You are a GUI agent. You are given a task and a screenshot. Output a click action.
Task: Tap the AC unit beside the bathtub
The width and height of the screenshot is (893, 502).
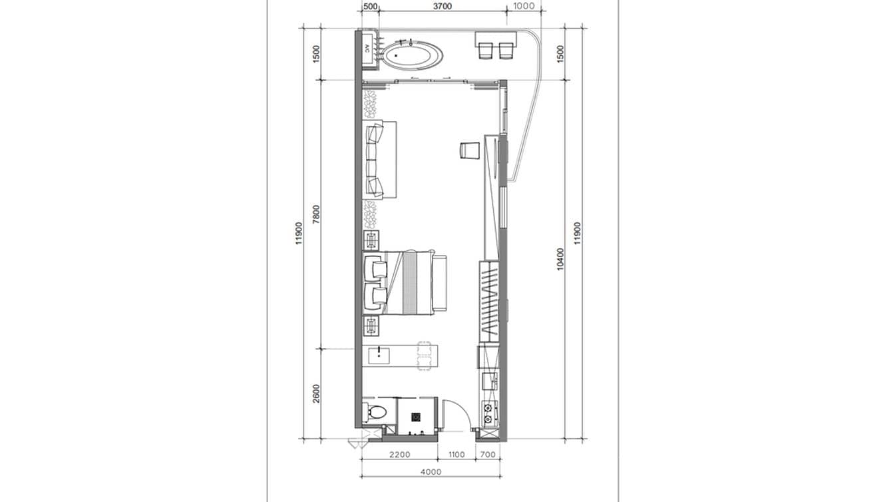(x=367, y=49)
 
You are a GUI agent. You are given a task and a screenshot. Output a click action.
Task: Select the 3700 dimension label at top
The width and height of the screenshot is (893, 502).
(x=442, y=7)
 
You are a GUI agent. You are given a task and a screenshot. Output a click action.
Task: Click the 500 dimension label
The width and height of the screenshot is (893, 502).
(x=370, y=7)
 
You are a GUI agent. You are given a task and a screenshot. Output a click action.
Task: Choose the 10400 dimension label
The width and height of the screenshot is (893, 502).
(x=560, y=258)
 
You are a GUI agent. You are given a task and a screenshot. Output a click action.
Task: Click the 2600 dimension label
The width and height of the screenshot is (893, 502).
(x=316, y=393)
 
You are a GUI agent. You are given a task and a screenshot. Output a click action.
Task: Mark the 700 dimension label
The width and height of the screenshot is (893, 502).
(x=487, y=455)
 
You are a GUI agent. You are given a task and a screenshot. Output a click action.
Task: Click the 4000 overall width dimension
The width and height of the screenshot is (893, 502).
(x=431, y=472)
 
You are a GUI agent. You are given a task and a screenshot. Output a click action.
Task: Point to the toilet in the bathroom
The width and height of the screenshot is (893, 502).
(x=374, y=411)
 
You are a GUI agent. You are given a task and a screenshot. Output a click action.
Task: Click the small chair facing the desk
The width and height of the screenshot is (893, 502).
(x=468, y=150)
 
